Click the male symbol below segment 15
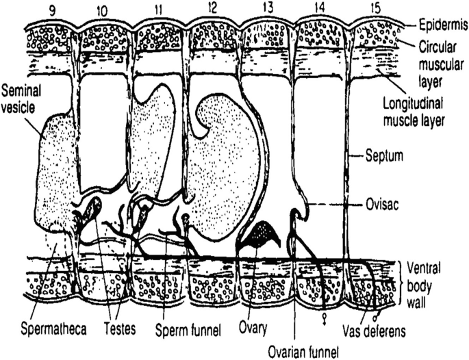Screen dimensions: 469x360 coord(376,316)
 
